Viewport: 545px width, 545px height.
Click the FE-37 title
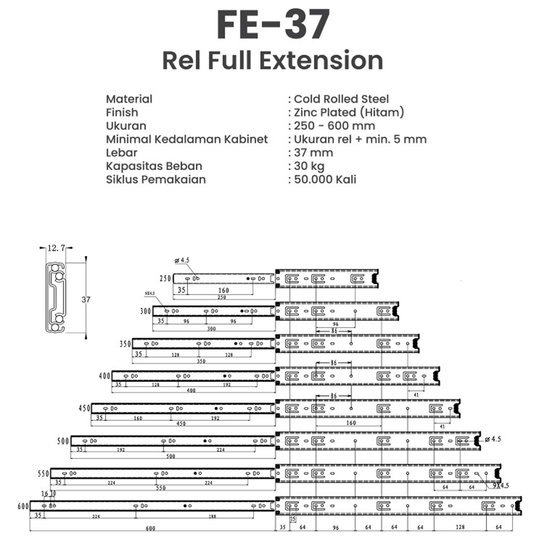(x=272, y=25)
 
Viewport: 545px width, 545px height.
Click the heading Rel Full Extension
(x=272, y=60)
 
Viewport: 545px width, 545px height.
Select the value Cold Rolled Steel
(x=341, y=99)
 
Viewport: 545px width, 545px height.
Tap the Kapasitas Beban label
(x=154, y=166)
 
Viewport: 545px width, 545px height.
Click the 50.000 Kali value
(x=325, y=179)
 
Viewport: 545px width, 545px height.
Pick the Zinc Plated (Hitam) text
(x=349, y=112)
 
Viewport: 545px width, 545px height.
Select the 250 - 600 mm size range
(x=334, y=126)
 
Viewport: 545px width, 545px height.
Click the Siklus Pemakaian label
(x=156, y=179)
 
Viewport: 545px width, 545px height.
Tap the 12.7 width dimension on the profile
(x=56, y=248)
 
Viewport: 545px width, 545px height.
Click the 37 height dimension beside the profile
(x=86, y=299)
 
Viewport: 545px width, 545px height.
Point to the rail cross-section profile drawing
(x=56, y=299)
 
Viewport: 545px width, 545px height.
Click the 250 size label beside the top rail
(x=165, y=278)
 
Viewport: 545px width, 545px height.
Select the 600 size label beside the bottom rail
(x=22, y=506)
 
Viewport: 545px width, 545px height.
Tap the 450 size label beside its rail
(x=83, y=408)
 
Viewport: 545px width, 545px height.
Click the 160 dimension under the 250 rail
(x=223, y=290)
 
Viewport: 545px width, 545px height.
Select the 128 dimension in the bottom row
(x=461, y=527)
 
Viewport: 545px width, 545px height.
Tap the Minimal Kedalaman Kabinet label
(x=186, y=139)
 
